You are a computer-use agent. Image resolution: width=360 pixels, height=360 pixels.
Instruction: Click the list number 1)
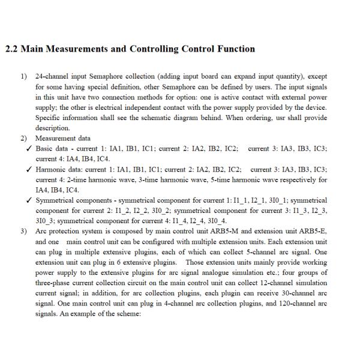pyautogui.click(x=24, y=77)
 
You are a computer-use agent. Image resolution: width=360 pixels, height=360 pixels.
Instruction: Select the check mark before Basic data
pyautogui.click(x=28, y=148)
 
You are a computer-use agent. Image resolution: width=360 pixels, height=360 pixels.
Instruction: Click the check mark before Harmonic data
pyautogui.click(x=28, y=169)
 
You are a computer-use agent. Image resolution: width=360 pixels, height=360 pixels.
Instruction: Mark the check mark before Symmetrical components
pyautogui.click(x=28, y=200)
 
